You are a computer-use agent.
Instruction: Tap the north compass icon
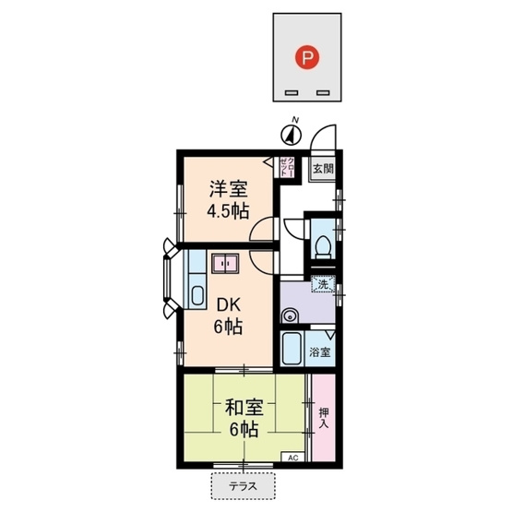point(292,134)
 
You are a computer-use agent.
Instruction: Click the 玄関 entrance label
point(322,169)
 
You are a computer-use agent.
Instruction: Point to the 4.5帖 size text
point(227,210)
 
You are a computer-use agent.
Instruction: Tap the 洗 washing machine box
point(324,285)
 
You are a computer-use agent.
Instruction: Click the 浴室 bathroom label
point(321,351)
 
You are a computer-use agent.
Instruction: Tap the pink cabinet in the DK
point(225,265)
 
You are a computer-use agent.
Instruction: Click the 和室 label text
point(241,405)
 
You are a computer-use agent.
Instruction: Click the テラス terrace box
point(244,483)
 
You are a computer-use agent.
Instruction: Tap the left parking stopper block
point(292,93)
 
